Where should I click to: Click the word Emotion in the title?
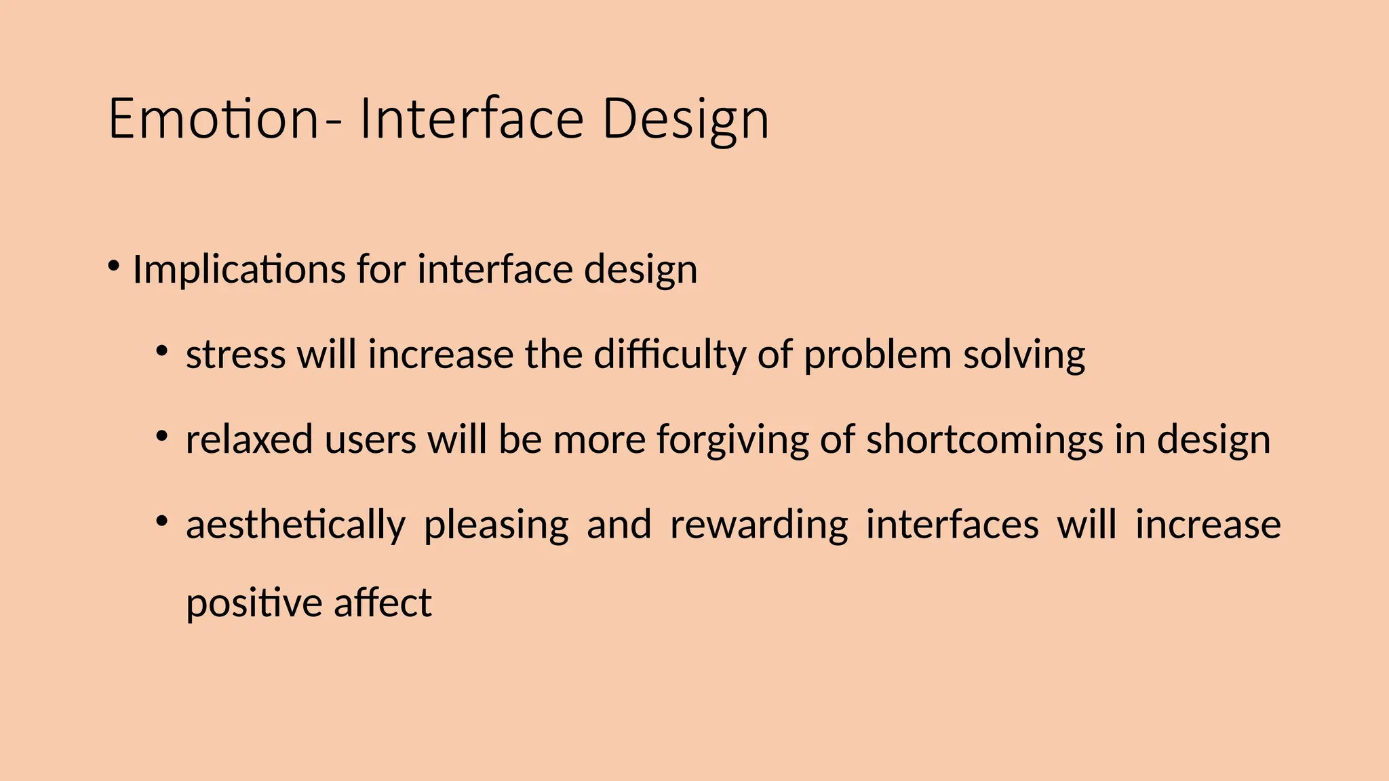[x=212, y=119]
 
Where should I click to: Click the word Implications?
[x=239, y=270]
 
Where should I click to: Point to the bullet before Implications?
[x=113, y=264]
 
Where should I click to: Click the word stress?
[x=235, y=355]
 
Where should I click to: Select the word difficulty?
[x=669, y=355]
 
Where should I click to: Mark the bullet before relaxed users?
[x=161, y=436]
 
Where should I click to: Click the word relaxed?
[x=249, y=439]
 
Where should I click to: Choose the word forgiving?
[x=732, y=439]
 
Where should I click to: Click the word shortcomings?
[x=985, y=439]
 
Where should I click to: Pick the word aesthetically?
[x=296, y=525]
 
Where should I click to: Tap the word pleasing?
[x=496, y=525]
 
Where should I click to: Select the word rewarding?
[x=759, y=525]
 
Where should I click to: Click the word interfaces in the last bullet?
[x=952, y=525]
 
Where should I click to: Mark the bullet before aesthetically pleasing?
[x=161, y=521]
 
